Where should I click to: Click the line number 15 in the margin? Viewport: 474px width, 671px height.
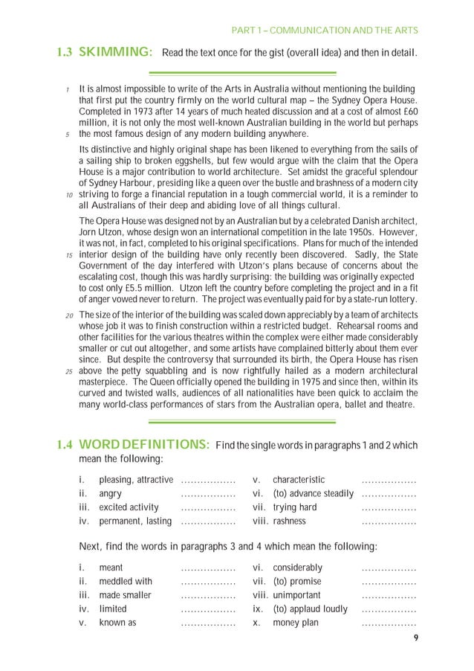[x=69, y=254]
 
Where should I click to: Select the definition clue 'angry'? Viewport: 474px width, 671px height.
[x=111, y=493]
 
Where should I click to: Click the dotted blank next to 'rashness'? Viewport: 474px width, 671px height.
[x=389, y=521]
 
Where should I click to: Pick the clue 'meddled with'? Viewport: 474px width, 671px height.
[x=126, y=581]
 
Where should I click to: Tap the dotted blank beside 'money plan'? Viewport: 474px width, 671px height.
[x=389, y=623]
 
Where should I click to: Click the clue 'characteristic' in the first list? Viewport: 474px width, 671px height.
[x=299, y=479]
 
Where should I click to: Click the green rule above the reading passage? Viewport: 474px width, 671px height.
[x=243, y=73]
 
